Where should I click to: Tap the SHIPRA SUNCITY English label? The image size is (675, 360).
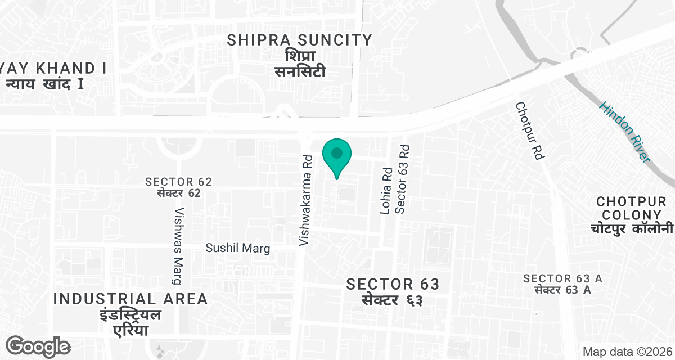pyautogui.click(x=300, y=40)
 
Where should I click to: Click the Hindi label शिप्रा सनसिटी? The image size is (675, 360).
pyautogui.click(x=300, y=64)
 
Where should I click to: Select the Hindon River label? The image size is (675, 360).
pyautogui.click(x=624, y=132)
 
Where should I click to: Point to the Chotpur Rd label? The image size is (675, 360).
pyautogui.click(x=529, y=131)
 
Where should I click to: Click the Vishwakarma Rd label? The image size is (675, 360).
pyautogui.click(x=305, y=200)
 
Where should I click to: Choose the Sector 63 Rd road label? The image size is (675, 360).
pyautogui.click(x=401, y=180)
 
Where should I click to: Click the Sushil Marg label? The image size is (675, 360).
pyautogui.click(x=238, y=248)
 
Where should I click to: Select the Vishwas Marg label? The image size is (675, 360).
pyautogui.click(x=179, y=246)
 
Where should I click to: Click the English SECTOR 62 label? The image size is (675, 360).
pyautogui.click(x=178, y=182)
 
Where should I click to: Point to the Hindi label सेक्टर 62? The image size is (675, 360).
pyautogui.click(x=178, y=193)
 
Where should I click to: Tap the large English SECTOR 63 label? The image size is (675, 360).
pyautogui.click(x=393, y=283)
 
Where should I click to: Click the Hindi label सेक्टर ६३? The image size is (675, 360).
pyautogui.click(x=393, y=300)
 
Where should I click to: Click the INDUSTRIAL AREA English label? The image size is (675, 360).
pyautogui.click(x=130, y=299)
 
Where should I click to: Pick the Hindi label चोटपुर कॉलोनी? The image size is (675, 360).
pyautogui.click(x=632, y=229)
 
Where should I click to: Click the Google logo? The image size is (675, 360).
pyautogui.click(x=38, y=346)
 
